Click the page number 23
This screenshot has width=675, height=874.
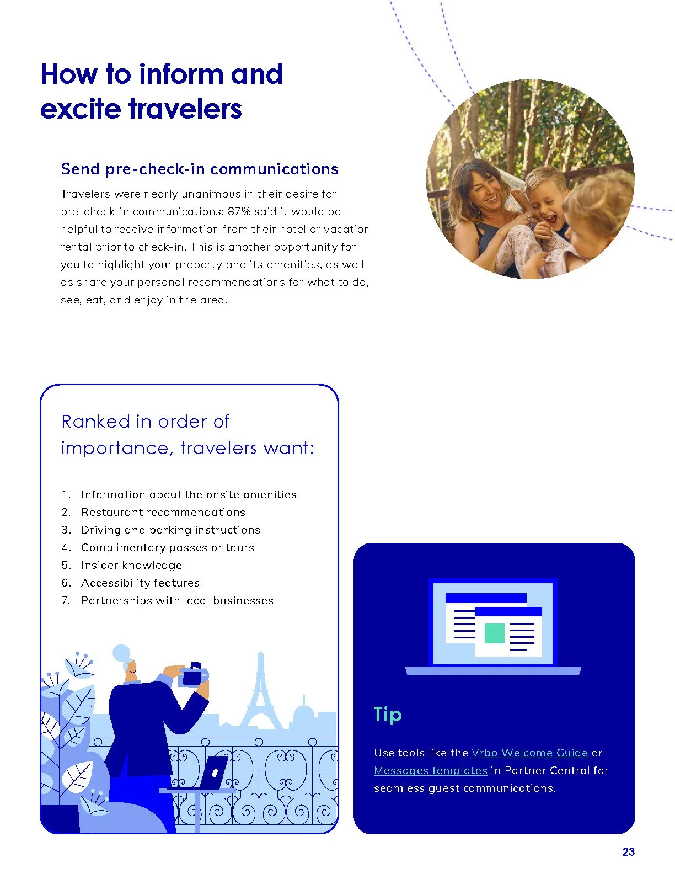[628, 852]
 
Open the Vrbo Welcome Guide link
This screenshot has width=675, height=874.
[529, 753]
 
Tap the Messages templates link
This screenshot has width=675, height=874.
[430, 770]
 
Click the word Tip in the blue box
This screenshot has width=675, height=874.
[388, 715]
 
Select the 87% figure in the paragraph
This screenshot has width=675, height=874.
[239, 211]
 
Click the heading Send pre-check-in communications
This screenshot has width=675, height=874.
[199, 169]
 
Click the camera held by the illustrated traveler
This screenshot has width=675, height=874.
[192, 675]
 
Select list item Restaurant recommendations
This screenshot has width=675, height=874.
[163, 512]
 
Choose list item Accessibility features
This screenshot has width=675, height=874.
[140, 583]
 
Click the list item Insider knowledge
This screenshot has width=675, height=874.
[131, 565]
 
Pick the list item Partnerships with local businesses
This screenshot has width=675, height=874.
[177, 600]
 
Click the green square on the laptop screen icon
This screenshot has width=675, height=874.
[494, 633]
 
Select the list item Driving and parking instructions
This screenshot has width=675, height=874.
[170, 530]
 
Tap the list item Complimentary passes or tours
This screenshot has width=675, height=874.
[168, 547]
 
